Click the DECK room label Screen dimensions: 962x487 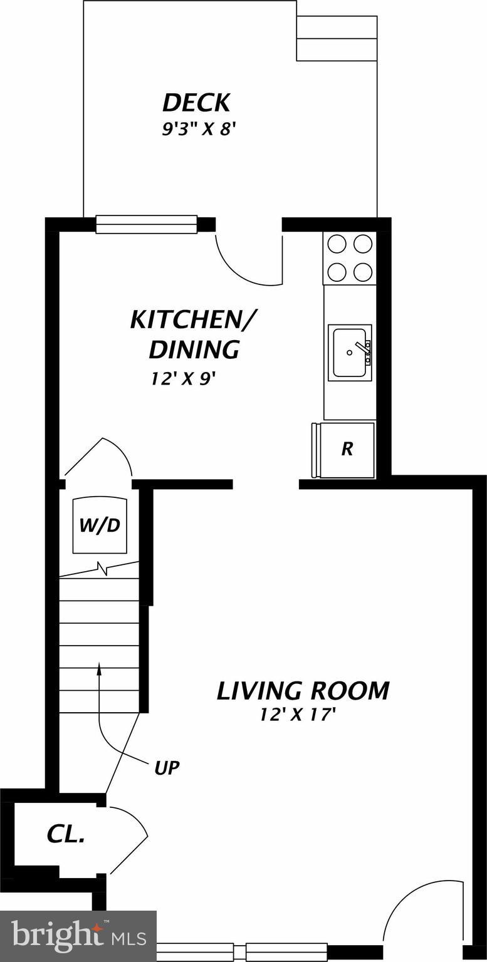[196, 102]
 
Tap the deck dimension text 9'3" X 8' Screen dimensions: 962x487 [199, 130]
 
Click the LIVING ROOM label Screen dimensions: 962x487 [303, 690]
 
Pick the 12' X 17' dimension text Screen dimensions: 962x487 [294, 715]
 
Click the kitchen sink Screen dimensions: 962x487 [350, 353]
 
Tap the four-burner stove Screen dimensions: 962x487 [350, 258]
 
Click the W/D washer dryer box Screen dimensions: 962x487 [100, 525]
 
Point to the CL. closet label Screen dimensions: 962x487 [65, 834]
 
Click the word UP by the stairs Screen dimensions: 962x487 [167, 767]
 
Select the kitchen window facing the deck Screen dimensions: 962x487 [146, 224]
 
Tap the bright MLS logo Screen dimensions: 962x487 [78, 936]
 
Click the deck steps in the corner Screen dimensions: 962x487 [337, 39]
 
